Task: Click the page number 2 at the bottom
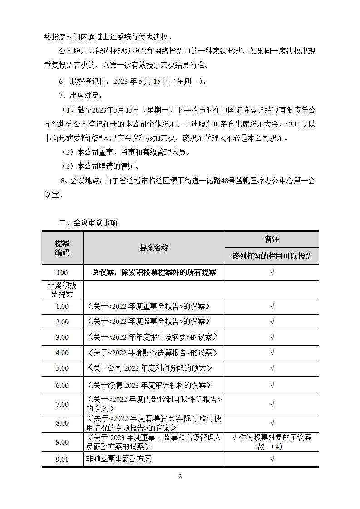click(x=180, y=476)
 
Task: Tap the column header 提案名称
click(x=154, y=248)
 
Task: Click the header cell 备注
click(x=272, y=239)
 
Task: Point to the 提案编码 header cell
click(x=63, y=248)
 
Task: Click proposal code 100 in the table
click(x=63, y=272)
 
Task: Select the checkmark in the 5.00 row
click(x=272, y=368)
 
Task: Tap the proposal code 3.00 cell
click(x=63, y=337)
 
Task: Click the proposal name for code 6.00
click(x=149, y=385)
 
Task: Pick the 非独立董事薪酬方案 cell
click(x=118, y=459)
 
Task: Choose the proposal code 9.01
click(x=63, y=459)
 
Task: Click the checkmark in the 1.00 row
click(x=272, y=306)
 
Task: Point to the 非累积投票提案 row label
click(x=63, y=289)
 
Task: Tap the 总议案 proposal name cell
click(x=154, y=272)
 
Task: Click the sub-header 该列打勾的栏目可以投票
click(x=272, y=256)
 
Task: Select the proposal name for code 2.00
click(x=149, y=322)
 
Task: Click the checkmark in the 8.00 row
click(x=272, y=423)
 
